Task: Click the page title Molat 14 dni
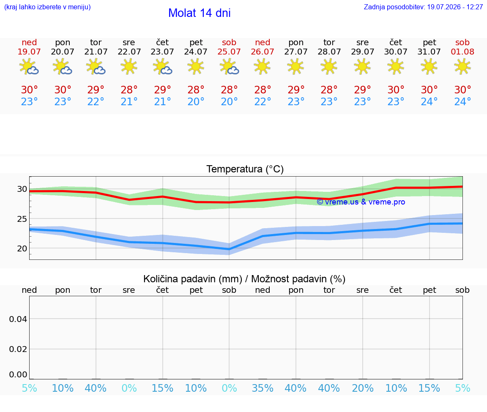(200, 13)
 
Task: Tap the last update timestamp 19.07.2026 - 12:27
(455, 7)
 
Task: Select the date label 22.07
(129, 52)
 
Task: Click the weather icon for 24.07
(196, 66)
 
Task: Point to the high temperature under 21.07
(96, 90)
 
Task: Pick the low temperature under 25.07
(229, 101)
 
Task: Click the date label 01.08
(462, 52)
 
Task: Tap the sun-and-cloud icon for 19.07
(29, 66)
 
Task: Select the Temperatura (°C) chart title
(245, 169)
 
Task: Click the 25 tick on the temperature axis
(22, 219)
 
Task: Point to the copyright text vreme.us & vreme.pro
(361, 202)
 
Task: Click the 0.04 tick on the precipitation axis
(18, 319)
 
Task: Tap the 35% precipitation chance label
(263, 388)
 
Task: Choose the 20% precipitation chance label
(362, 388)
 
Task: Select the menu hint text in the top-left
(47, 7)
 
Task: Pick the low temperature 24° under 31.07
(429, 101)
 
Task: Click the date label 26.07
(263, 52)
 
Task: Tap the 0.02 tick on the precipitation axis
(18, 349)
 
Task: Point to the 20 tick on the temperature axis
(22, 248)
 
